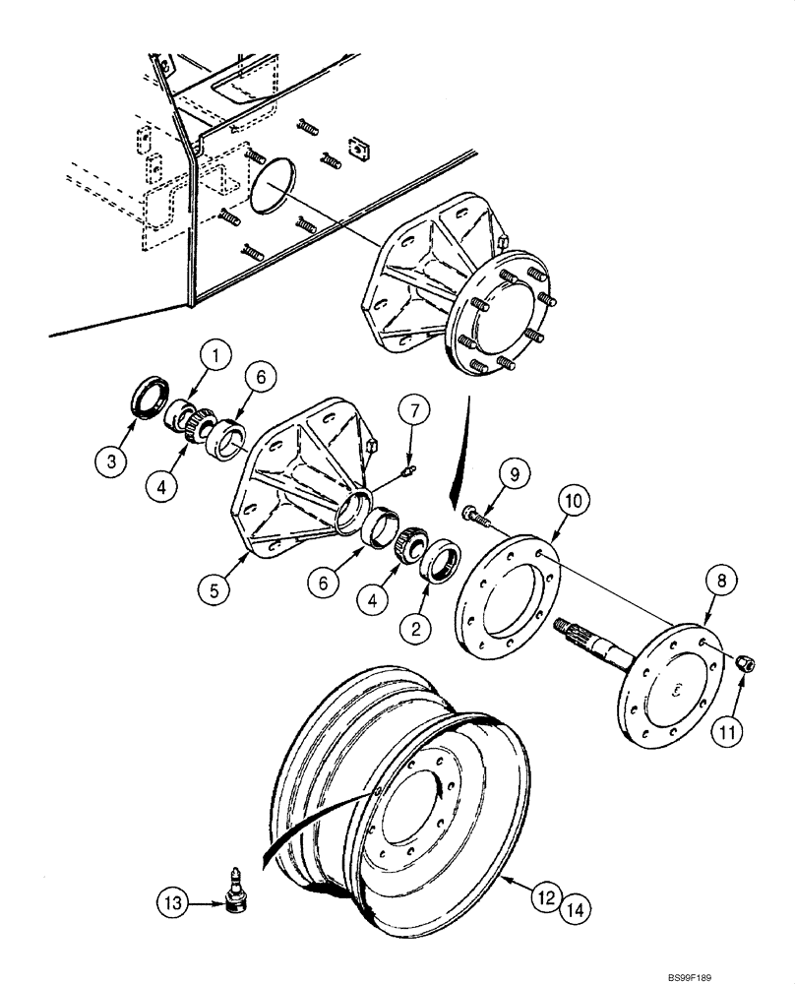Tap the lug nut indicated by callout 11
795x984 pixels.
(745, 666)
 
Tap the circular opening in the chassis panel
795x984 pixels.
(270, 184)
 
